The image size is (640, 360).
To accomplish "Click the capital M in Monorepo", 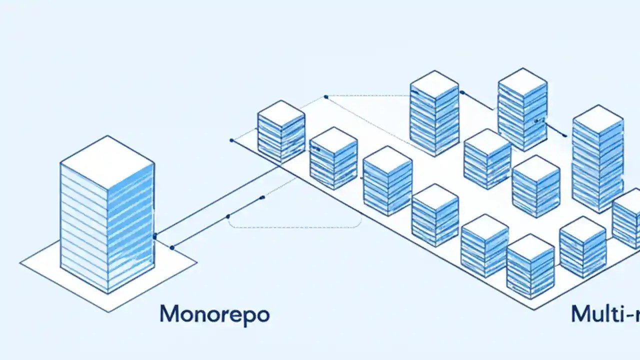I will [170, 314].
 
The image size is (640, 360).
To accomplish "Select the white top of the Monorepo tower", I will [107, 161].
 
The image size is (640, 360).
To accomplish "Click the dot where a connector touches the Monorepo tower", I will [155, 236].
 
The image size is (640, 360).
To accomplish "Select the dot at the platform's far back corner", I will [326, 96].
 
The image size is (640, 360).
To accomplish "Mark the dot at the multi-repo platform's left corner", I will [231, 140].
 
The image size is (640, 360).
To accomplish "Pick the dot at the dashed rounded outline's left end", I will [228, 216].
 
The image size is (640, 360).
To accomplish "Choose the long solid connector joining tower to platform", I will [215, 202].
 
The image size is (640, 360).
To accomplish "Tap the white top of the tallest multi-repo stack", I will [597, 119].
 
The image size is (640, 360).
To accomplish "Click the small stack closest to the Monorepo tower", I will [281, 131].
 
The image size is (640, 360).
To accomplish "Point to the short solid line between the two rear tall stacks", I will [477, 101].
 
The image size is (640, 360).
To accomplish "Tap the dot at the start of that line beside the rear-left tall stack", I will [461, 92].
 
